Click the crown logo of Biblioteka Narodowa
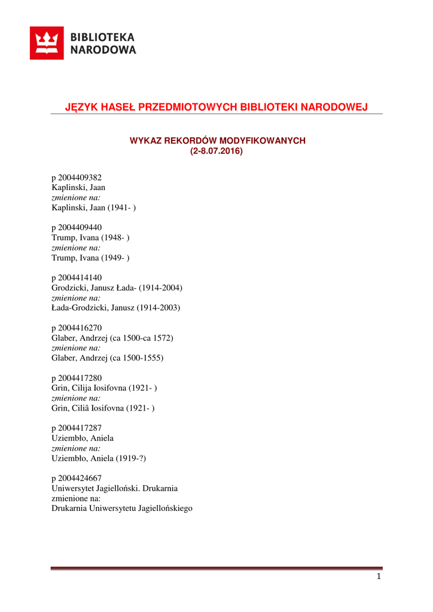(x=47, y=44)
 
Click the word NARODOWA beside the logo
(x=103, y=50)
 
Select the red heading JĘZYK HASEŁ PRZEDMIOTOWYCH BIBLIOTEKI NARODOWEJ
(x=216, y=107)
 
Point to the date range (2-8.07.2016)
(x=216, y=151)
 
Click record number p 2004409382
(x=77, y=178)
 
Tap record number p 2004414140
(x=77, y=278)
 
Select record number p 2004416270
(x=77, y=328)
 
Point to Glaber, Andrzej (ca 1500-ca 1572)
(x=112, y=338)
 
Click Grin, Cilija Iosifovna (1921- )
(x=105, y=388)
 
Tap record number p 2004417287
(x=77, y=428)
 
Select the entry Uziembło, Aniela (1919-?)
(x=99, y=458)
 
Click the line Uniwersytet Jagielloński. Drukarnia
(x=115, y=488)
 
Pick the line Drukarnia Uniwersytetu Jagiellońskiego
(x=122, y=509)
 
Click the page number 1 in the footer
(x=379, y=577)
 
